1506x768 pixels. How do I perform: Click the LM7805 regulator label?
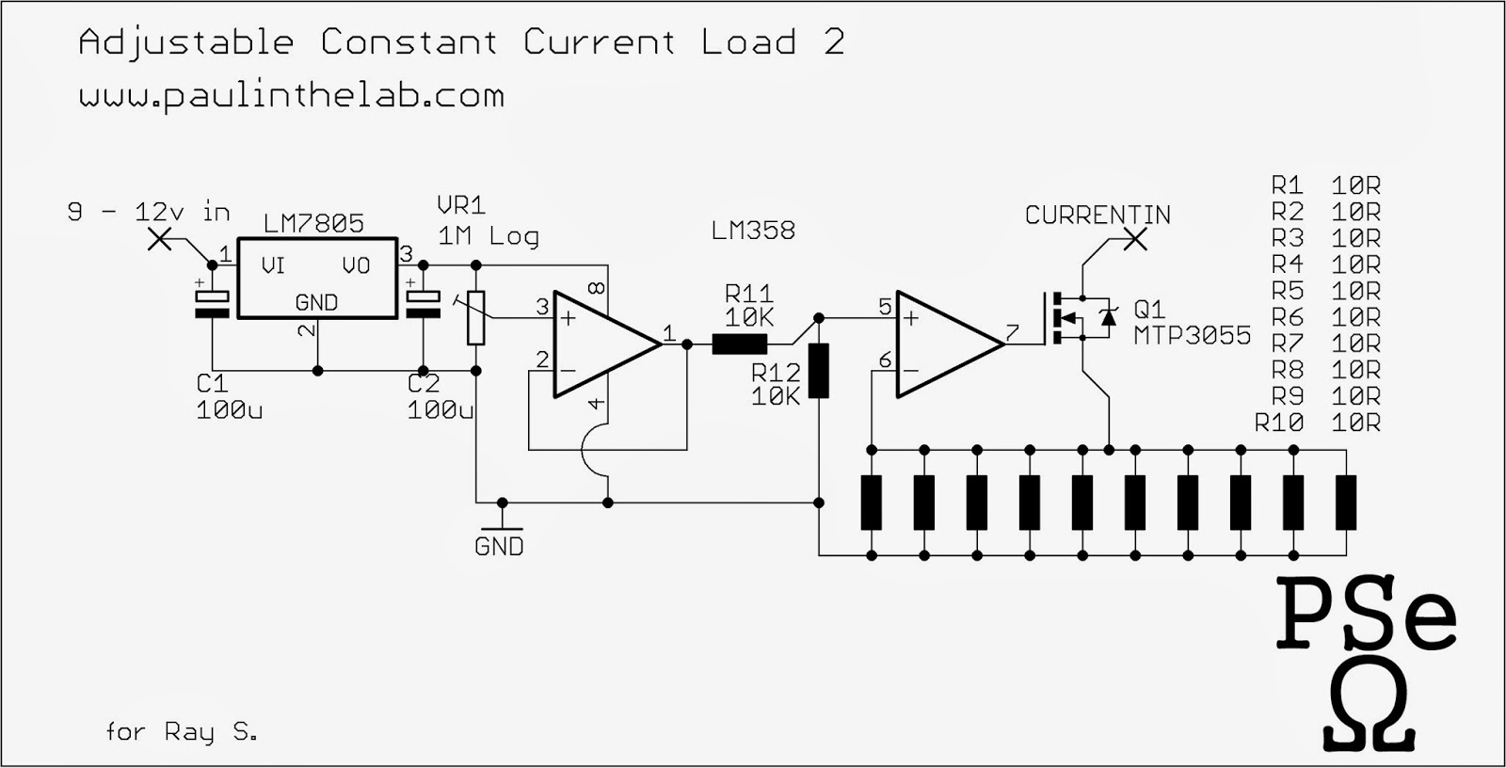[313, 224]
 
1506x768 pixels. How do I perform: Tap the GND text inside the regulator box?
[315, 303]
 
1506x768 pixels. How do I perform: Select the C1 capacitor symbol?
[212, 304]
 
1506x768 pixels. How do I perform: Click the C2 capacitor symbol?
[423, 304]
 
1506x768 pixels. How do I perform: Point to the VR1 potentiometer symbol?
[476, 317]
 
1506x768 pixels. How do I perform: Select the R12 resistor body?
[819, 371]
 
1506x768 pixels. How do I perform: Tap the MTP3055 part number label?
[1192, 336]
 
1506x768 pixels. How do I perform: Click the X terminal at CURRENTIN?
[1136, 239]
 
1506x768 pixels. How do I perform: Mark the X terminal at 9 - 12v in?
[161, 239]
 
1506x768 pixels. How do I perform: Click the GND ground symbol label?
[499, 547]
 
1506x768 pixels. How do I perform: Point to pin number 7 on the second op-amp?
[1012, 331]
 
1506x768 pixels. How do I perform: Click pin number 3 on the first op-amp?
[542, 306]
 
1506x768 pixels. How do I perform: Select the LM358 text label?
[753, 231]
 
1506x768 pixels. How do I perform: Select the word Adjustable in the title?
[186, 42]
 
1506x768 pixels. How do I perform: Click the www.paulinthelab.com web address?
[292, 96]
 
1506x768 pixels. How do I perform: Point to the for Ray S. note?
[182, 731]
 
